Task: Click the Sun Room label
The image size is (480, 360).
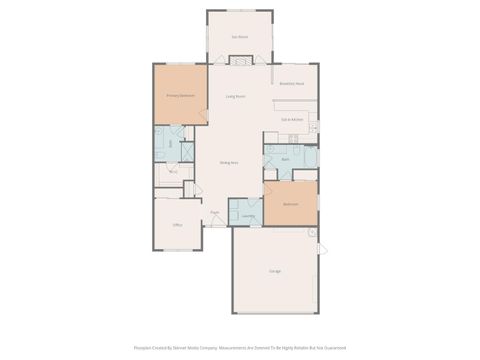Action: pyautogui.click(x=240, y=37)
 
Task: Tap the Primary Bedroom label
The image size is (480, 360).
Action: pyautogui.click(x=179, y=96)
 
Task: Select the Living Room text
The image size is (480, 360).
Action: pyautogui.click(x=236, y=96)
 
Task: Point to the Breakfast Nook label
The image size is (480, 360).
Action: pyautogui.click(x=292, y=83)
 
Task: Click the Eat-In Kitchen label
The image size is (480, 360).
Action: pyautogui.click(x=292, y=119)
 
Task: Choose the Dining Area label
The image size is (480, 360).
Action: pyautogui.click(x=228, y=162)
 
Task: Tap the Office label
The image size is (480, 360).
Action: pyautogui.click(x=177, y=225)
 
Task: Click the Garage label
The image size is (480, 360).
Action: pyautogui.click(x=274, y=271)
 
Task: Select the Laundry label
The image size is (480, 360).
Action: pyautogui.click(x=246, y=215)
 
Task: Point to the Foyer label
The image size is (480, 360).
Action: pyautogui.click(x=215, y=212)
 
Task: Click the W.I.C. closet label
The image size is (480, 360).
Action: pyautogui.click(x=172, y=172)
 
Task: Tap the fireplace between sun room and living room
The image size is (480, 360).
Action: pyautogui.click(x=240, y=61)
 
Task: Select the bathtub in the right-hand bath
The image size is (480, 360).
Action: pyautogui.click(x=310, y=156)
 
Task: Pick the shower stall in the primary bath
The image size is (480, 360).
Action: pyautogui.click(x=187, y=134)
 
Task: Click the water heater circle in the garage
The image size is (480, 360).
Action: pyautogui.click(x=311, y=233)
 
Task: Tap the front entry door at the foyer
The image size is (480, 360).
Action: pyautogui.click(x=215, y=226)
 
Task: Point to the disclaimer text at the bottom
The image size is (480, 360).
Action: pyautogui.click(x=240, y=348)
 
